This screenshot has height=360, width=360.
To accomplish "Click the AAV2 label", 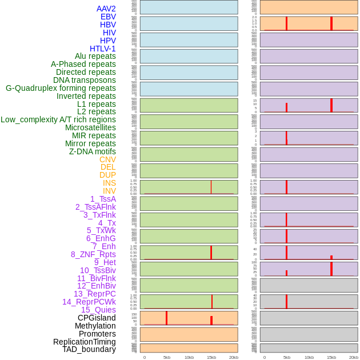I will (106, 9).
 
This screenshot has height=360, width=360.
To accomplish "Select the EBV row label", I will (108, 17).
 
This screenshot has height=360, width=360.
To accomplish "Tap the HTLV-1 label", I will (102, 49).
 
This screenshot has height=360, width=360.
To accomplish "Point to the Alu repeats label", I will (95, 56).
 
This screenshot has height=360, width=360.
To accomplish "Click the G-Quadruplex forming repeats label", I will (61, 88).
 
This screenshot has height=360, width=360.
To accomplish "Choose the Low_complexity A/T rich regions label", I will (58, 119).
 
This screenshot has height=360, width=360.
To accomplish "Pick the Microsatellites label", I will (90, 127).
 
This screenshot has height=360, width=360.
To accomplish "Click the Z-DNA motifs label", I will (93, 151).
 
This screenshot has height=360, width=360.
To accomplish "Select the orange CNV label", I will (107, 159).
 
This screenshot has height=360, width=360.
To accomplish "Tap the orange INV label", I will (109, 191).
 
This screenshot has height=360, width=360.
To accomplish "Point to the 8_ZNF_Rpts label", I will (93, 254).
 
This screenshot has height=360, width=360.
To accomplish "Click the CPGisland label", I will (97, 318).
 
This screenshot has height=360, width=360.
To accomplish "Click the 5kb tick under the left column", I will (167, 357).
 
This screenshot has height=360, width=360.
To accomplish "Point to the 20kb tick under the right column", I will (354, 357).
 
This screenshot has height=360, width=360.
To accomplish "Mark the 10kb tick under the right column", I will (309, 357).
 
